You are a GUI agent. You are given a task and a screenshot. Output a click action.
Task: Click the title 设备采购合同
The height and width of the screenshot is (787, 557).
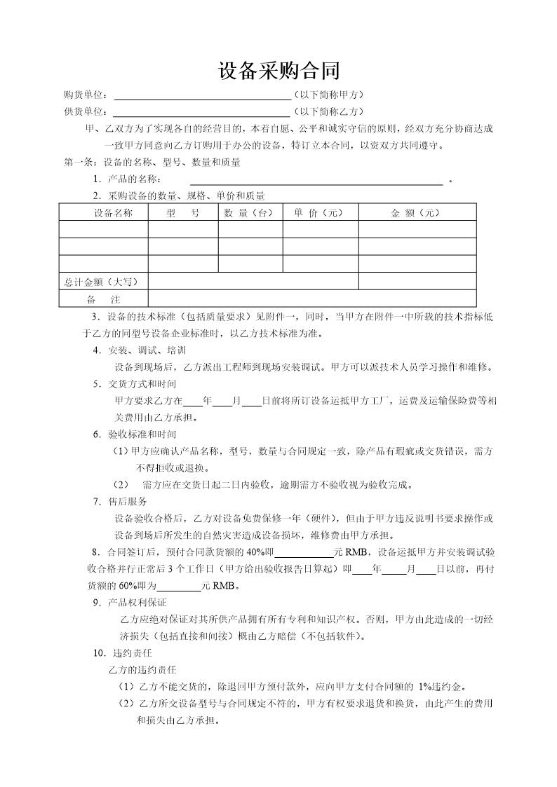pos(279,71)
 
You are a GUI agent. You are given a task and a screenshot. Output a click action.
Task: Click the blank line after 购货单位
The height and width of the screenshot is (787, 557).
pos(202,96)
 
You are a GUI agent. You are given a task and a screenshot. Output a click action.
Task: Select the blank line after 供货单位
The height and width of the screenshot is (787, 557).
pos(201,112)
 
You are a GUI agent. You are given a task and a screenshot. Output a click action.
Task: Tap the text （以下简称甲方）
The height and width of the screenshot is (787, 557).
pos(328,95)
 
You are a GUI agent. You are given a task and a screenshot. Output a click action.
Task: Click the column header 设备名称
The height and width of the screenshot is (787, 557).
pos(104,212)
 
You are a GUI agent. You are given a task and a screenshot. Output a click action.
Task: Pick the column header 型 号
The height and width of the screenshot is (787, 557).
pos(183,212)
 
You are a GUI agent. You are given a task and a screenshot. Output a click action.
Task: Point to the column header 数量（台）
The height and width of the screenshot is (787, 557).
pos(250,212)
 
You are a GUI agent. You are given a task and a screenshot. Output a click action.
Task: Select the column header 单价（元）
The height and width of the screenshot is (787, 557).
pos(320,212)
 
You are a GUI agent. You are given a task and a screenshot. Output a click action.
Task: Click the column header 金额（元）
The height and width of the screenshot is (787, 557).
pos(417,212)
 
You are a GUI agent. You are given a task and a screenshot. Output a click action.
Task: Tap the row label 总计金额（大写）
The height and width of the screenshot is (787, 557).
pos(102,282)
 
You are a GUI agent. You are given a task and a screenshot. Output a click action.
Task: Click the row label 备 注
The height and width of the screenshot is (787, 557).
pos(102,299)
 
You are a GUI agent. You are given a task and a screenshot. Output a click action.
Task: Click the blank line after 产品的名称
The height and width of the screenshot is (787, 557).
pos(311,180)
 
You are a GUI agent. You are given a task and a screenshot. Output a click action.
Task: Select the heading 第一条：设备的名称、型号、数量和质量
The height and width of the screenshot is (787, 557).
pos(152,163)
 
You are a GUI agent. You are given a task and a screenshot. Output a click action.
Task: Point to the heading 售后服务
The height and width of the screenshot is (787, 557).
pos(127,502)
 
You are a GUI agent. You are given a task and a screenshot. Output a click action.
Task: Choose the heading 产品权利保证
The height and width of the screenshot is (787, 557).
pos(137,603)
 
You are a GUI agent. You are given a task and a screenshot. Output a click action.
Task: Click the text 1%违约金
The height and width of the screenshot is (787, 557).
pos(441,687)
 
